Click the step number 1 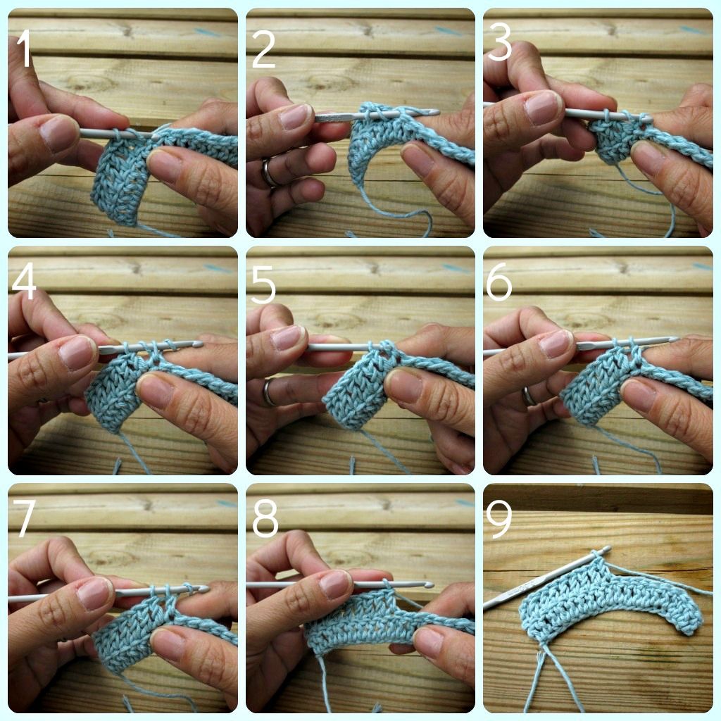(25, 49)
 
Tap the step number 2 (263, 49)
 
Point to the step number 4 (23, 283)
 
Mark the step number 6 (499, 284)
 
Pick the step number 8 (265, 520)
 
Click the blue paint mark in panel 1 (208, 32)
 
